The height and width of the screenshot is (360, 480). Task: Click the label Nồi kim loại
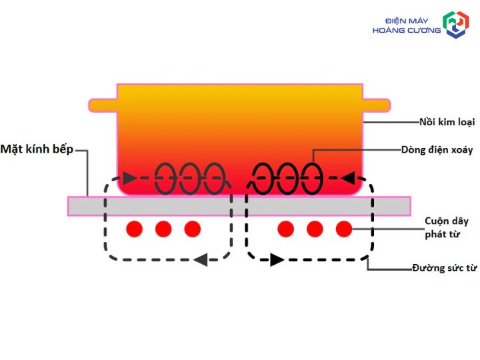point(447,122)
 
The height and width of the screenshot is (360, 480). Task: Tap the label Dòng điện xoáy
point(437,150)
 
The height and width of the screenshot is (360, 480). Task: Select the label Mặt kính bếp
point(37,149)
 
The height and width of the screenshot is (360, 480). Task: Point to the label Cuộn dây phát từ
point(447,227)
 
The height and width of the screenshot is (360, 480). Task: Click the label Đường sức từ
point(445,268)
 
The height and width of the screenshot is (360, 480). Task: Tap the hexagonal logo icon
point(456,25)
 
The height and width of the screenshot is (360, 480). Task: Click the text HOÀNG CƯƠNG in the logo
point(407,30)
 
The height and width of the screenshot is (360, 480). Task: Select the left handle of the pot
point(103,105)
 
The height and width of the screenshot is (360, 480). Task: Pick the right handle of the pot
point(377,105)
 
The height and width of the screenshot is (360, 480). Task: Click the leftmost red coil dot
point(135,229)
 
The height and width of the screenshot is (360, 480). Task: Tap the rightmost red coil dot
point(344,229)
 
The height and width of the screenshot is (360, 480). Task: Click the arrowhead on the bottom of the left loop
point(201,260)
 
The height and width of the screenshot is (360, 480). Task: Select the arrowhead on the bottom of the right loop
point(277,260)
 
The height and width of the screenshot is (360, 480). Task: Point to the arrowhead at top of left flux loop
point(129,178)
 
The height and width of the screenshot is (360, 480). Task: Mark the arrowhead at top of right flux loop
point(348,178)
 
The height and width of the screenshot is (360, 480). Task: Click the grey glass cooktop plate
point(239,206)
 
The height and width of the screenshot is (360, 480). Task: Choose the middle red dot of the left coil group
point(163,229)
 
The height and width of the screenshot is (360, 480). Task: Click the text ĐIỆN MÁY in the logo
point(407,21)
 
